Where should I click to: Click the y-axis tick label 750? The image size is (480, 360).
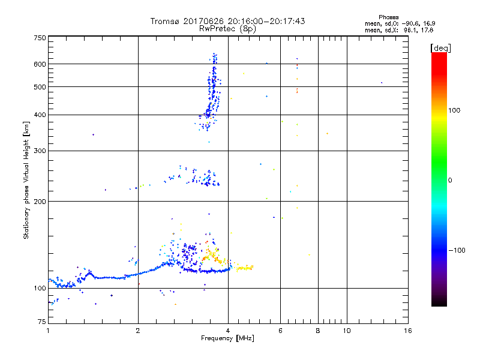click(x=40, y=38)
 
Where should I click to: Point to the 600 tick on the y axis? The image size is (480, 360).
click(x=40, y=64)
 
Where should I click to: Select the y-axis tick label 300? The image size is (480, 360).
click(x=40, y=151)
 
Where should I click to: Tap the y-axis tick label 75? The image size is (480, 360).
click(x=41, y=323)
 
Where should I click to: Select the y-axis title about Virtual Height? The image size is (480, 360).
click(x=26, y=179)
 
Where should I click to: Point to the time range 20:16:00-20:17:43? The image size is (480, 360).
click(x=263, y=21)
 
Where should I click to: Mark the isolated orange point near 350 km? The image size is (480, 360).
click(x=327, y=133)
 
